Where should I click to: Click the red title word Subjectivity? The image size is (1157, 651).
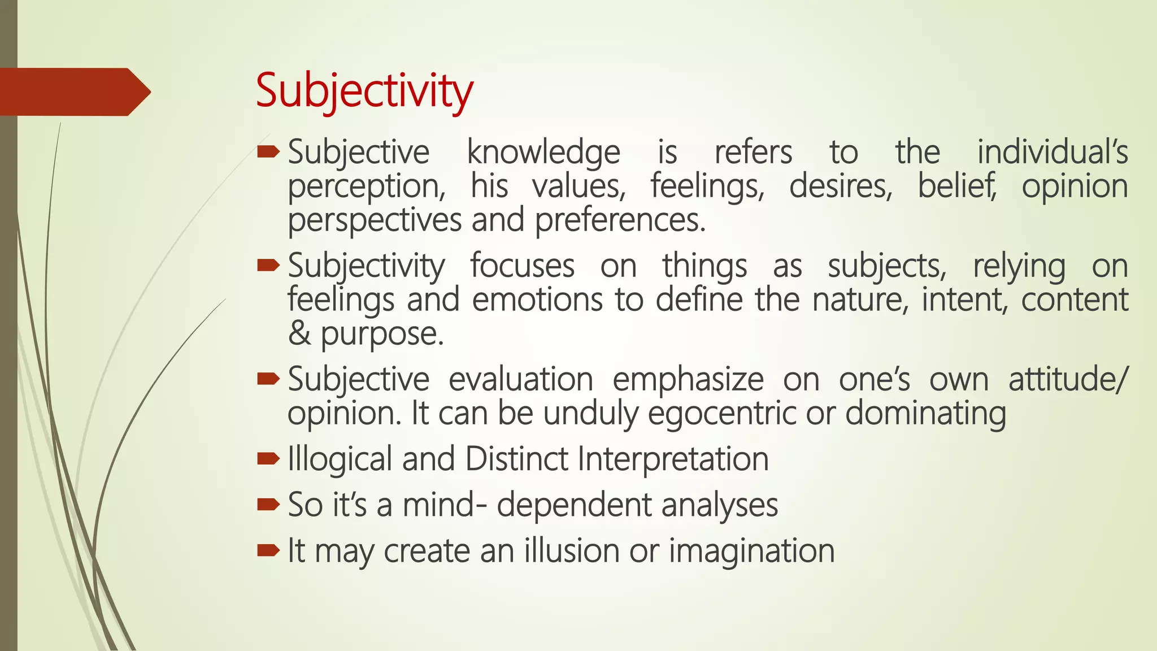click(x=364, y=92)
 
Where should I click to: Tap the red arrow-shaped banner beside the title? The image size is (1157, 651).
click(x=73, y=92)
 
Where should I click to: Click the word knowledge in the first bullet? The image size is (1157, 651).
click(x=543, y=153)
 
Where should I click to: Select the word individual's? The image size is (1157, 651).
click(x=1052, y=153)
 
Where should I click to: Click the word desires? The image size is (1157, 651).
click(x=841, y=186)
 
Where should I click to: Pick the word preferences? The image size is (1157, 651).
click(x=620, y=220)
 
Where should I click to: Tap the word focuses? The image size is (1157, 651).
click(x=522, y=266)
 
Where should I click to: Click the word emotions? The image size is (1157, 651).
click(x=537, y=300)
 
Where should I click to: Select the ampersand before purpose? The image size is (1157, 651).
click(x=299, y=333)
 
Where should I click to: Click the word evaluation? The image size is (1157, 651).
click(x=521, y=379)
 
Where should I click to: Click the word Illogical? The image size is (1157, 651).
click(x=340, y=459)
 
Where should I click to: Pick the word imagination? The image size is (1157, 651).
click(x=751, y=551)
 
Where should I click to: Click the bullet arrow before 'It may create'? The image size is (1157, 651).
click(x=268, y=550)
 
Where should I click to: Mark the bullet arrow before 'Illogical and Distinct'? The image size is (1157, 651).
click(x=268, y=458)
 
